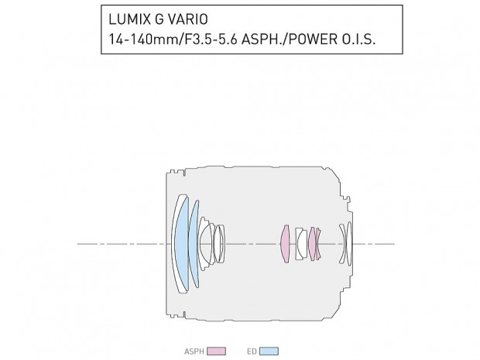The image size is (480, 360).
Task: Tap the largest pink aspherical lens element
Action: coord(285,243)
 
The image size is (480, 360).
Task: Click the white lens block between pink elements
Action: coord(300,243)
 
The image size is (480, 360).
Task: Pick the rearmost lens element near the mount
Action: coord(349,243)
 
